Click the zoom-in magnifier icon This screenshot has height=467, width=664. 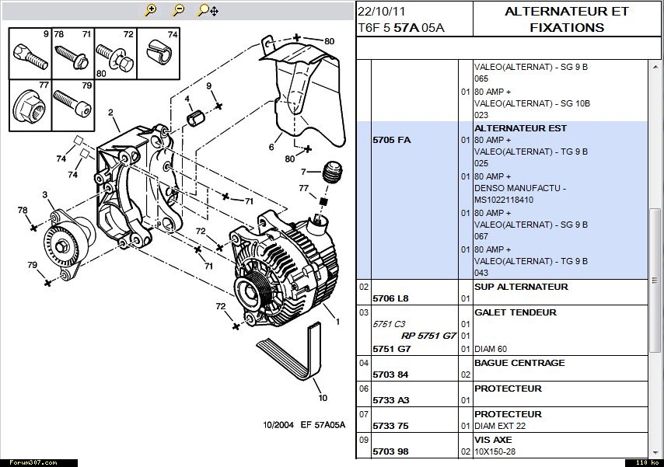(151, 10)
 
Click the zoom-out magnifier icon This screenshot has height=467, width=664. (178, 10)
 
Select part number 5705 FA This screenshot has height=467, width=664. (392, 140)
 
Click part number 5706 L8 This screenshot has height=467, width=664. (390, 298)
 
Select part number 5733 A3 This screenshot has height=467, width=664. (390, 400)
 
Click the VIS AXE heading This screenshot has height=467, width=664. (493, 439)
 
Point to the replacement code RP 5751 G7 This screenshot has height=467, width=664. (428, 336)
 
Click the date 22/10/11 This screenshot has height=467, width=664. (383, 11)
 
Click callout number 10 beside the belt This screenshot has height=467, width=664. (323, 398)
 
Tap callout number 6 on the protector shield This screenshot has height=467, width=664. (271, 146)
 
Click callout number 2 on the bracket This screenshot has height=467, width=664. (111, 113)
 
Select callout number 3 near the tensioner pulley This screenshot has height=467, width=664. (44, 194)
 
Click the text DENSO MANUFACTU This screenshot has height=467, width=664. (519, 188)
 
